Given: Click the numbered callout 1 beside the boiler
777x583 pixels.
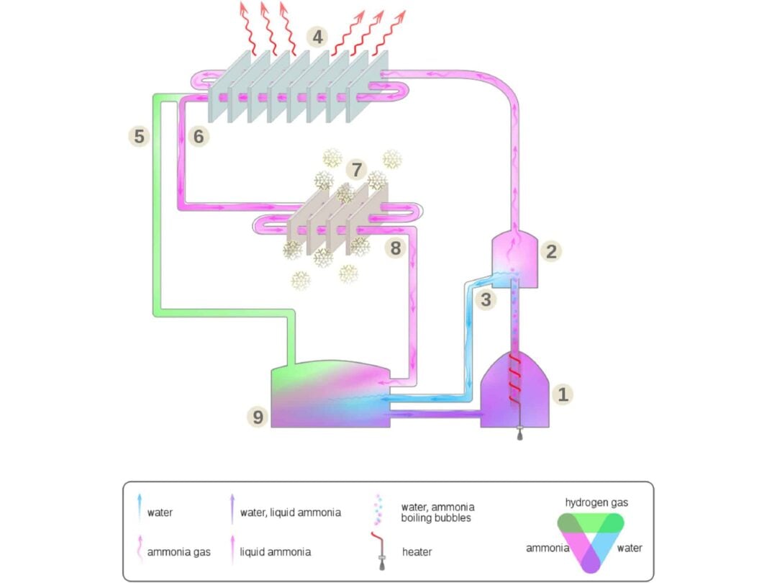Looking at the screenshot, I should (563, 394).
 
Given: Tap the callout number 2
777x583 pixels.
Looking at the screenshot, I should (551, 251).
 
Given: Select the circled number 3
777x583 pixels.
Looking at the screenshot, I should (486, 299).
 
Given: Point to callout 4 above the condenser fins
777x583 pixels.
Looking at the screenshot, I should (317, 36).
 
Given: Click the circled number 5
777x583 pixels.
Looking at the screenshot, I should (140, 135).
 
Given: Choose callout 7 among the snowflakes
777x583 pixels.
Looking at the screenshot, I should (355, 170).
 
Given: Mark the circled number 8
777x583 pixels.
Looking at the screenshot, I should (395, 248).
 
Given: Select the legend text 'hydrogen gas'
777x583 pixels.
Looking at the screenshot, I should (596, 502).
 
